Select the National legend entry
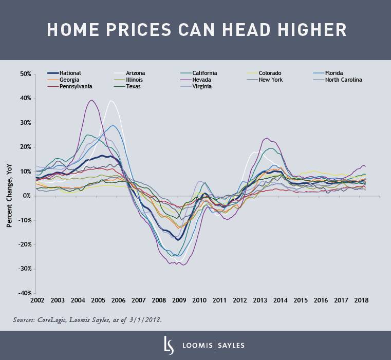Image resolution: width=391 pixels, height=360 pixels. pos(70,73)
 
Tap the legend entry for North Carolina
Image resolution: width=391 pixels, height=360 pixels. pos(343,80)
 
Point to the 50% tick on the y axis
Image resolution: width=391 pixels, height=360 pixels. pos(25,74)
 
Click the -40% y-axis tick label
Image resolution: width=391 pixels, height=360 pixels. pos(24,293)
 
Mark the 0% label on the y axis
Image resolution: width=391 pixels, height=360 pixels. pos(27,196)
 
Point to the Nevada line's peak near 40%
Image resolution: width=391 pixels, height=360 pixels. pos(91,100)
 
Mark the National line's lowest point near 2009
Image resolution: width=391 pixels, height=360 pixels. pos(178,239)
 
